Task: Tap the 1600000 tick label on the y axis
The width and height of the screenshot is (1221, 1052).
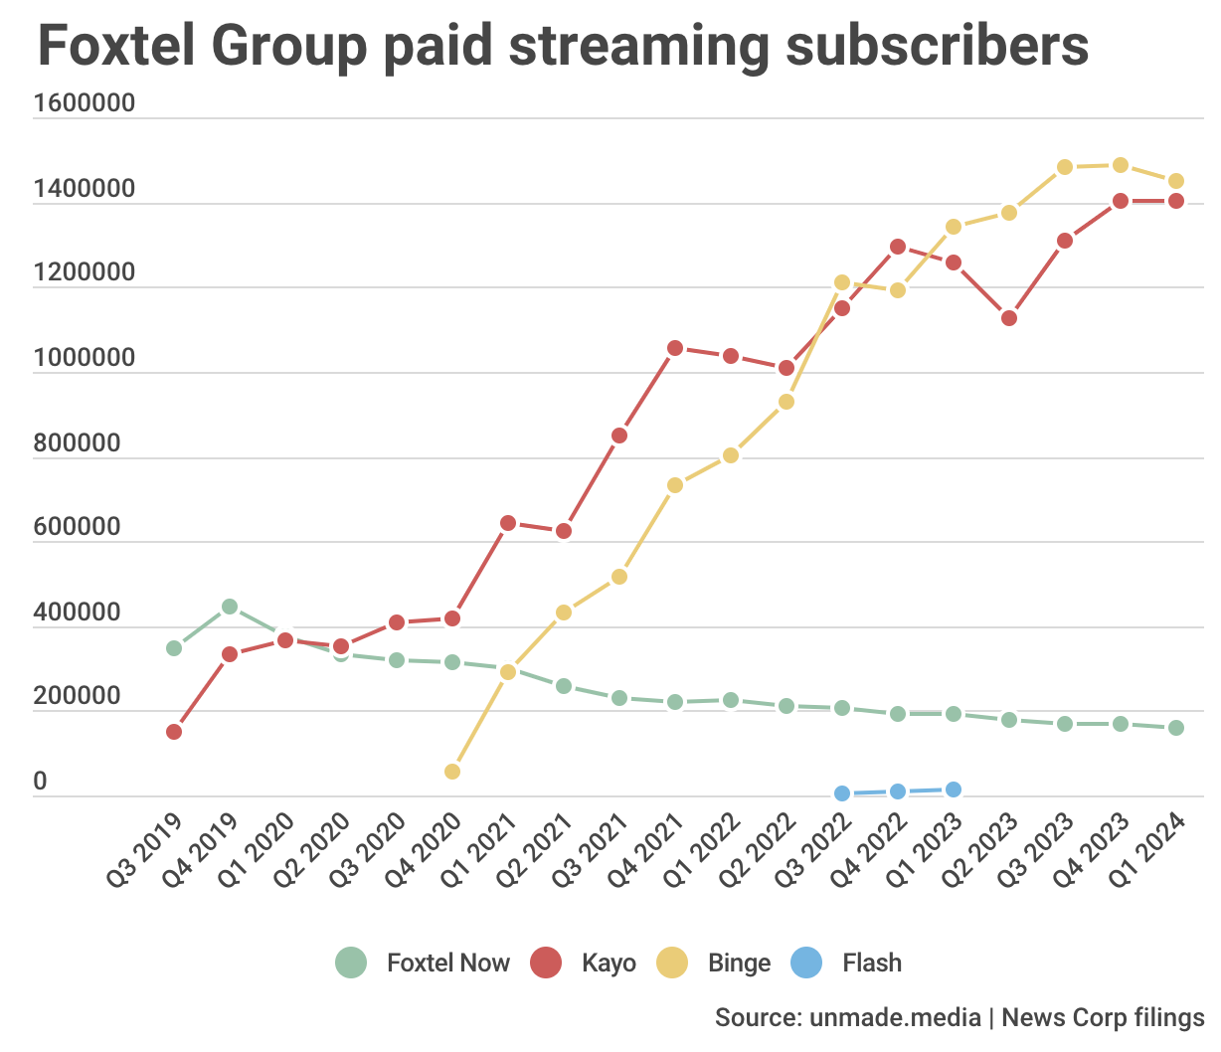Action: coord(84,103)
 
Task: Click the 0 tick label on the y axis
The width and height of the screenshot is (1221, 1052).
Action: coord(40,782)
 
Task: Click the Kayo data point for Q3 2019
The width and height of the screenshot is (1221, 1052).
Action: coord(174,732)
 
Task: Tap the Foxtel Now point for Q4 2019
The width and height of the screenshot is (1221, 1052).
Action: coord(230,607)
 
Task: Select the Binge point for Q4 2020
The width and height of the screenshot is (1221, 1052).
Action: coord(452,772)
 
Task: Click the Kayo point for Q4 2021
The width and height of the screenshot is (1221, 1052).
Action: coord(675,348)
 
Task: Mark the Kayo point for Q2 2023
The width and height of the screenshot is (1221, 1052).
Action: coord(1009,318)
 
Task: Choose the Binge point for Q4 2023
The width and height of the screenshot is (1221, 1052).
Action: coord(1121,165)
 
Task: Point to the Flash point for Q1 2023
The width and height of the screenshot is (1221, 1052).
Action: coord(954,789)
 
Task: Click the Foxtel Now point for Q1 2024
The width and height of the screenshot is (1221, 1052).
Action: coord(1176,728)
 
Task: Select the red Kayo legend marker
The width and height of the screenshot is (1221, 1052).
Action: coord(546,963)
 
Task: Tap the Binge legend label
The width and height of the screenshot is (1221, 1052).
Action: coord(739,963)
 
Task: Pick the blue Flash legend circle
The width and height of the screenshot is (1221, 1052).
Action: coord(806,963)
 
